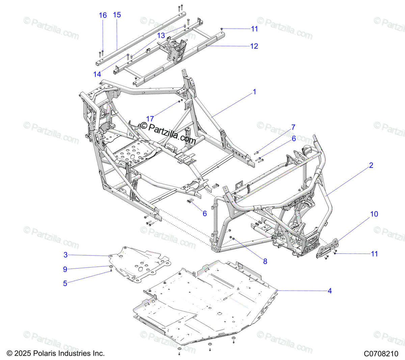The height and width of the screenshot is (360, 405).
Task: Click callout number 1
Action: tap(254, 92)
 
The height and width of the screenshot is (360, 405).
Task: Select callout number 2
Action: tap(371, 165)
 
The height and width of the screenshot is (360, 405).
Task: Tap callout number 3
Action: tap(65, 255)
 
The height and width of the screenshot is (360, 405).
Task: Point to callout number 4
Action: tap(330, 291)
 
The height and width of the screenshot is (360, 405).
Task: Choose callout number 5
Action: tap(65, 283)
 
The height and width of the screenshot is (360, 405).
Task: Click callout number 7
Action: tap(293, 127)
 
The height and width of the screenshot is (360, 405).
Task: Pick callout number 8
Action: tap(265, 261)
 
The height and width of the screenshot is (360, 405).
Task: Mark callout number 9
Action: tap(65, 269)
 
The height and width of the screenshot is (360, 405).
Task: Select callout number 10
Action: tap(374, 214)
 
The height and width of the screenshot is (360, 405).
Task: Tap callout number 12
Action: tap(254, 46)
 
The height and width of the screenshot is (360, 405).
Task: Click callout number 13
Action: tap(161, 35)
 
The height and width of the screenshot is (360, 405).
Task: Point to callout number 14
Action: tap(97, 74)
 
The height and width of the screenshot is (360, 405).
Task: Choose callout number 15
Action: tap(117, 15)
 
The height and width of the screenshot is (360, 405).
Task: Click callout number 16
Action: tap(103, 15)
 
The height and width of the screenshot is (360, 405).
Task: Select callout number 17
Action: tap(150, 119)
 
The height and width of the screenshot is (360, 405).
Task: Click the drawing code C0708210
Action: tap(381, 354)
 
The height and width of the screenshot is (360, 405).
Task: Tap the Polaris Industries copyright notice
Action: tap(56, 354)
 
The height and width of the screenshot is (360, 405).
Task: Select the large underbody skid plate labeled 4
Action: tap(209, 301)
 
